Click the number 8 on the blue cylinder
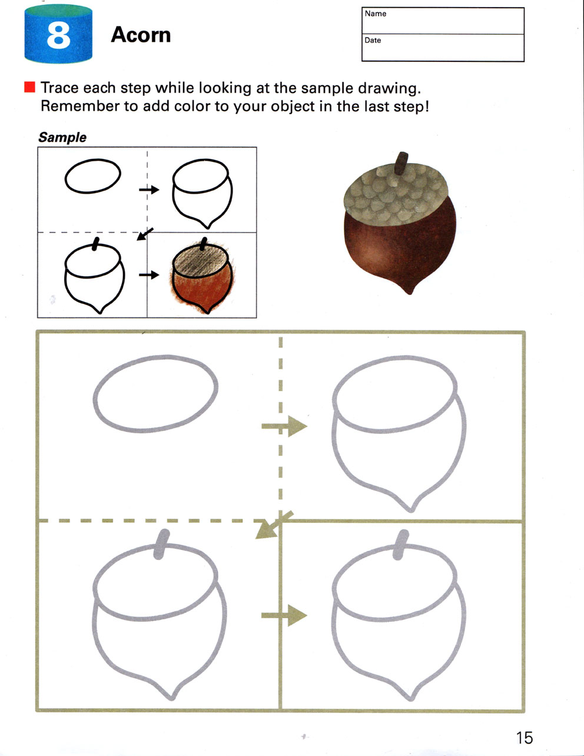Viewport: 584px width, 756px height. coord(58,35)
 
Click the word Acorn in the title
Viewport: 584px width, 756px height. coord(141,35)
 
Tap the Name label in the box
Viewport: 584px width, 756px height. coord(376,14)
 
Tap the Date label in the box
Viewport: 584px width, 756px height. coord(373,41)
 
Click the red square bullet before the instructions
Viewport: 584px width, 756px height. coord(29,87)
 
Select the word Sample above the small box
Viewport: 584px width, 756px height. coord(62,137)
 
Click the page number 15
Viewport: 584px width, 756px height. coord(524,738)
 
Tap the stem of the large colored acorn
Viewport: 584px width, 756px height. coord(401,163)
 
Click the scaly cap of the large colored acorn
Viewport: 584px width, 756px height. coord(395,195)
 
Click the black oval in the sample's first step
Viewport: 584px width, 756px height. coord(93,175)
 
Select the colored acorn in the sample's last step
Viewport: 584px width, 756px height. coord(202,276)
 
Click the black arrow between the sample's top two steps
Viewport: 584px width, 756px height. coord(149,190)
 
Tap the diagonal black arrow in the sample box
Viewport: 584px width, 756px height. coord(145,234)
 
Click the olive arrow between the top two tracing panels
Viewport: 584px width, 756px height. coord(284,426)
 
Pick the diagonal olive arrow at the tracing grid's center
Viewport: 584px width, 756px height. coord(274,525)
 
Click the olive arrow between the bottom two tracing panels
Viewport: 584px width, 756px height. coord(284,615)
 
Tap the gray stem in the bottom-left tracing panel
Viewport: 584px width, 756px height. coord(161,545)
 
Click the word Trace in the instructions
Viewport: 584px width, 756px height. coord(59,88)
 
